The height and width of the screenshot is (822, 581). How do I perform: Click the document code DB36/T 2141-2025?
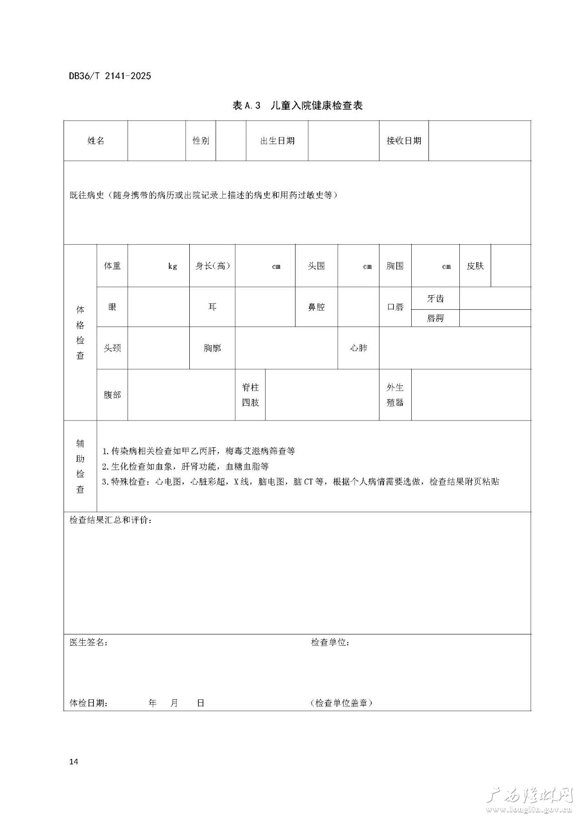pos(110,76)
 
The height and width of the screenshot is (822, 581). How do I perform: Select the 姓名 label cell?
pos(96,141)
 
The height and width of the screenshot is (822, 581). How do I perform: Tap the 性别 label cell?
pos(201,141)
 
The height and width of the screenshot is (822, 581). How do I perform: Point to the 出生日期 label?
pos(277,141)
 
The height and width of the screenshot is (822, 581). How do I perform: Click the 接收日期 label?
pos(404,141)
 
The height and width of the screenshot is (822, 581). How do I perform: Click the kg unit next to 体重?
pos(172,267)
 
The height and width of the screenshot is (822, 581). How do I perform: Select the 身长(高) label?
pos(212,266)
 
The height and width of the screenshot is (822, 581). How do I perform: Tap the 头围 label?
pos(316,266)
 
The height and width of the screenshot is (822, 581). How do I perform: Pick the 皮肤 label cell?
pos(475,266)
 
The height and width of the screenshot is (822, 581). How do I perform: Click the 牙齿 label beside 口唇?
pos(435,299)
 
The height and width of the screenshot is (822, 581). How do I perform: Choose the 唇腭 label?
pos(435,318)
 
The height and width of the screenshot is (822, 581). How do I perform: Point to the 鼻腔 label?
pos(316,307)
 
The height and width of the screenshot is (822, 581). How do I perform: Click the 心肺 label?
pos(358,348)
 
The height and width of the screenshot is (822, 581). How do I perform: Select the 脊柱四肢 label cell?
pos(250,395)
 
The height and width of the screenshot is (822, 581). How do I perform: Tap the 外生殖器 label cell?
pos(395,395)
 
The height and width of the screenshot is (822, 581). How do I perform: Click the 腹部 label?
pos(112,395)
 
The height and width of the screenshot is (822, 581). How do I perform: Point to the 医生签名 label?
pos(89,643)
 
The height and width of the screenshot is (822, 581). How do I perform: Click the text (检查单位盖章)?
pos(341,703)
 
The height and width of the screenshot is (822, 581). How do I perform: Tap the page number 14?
pos(74,762)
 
